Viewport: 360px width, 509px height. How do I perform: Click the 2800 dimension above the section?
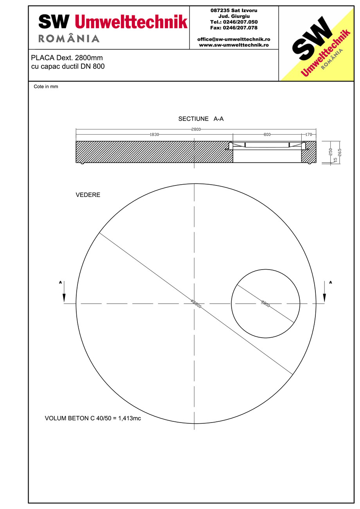[x=196, y=129]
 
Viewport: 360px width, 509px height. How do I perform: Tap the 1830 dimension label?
[x=154, y=135]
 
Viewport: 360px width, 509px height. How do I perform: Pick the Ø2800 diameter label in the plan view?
[x=196, y=303]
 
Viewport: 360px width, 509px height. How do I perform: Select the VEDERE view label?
[x=88, y=195]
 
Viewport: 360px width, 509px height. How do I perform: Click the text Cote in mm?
[x=46, y=87]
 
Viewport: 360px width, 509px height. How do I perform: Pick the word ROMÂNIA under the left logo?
[x=69, y=38]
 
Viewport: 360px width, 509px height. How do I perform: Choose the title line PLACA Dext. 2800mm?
[x=67, y=58]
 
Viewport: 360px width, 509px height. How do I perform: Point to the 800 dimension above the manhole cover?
[x=267, y=135]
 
